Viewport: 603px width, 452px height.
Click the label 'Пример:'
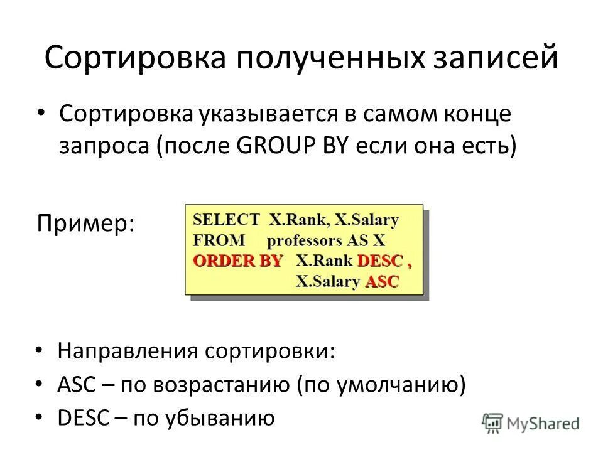click(86, 223)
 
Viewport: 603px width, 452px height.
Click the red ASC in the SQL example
click(382, 282)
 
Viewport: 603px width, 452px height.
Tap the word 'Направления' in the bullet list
click(126, 350)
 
